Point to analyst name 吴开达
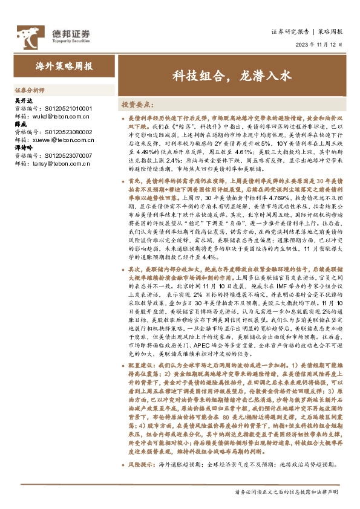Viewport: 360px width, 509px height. pyautogui.click(x=22, y=100)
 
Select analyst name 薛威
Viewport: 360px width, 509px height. pyautogui.click(x=19, y=125)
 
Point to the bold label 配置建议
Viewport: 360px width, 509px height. pyautogui.click(x=142, y=368)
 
